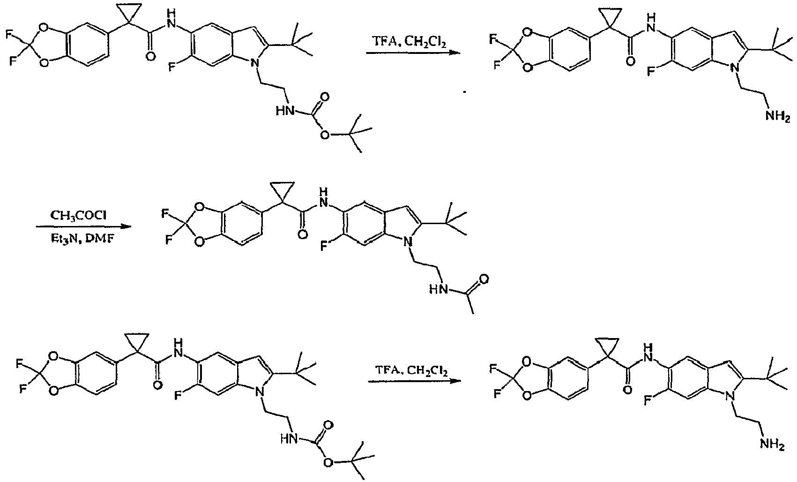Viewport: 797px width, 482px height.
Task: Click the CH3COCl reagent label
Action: click(x=78, y=216)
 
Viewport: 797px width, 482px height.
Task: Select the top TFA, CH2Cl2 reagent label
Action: click(x=409, y=42)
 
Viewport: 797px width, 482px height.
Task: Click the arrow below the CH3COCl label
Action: click(x=83, y=226)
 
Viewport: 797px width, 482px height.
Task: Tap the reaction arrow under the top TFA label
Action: click(x=413, y=53)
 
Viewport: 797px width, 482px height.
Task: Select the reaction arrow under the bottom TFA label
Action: click(x=415, y=381)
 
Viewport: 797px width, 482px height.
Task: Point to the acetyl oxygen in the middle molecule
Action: click(x=484, y=279)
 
